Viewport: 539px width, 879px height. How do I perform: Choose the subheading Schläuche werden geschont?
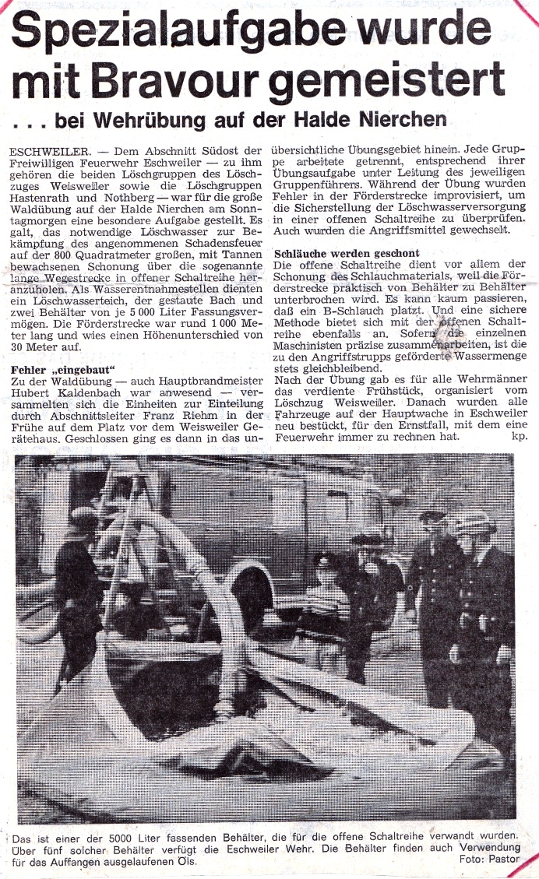(x=347, y=254)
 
